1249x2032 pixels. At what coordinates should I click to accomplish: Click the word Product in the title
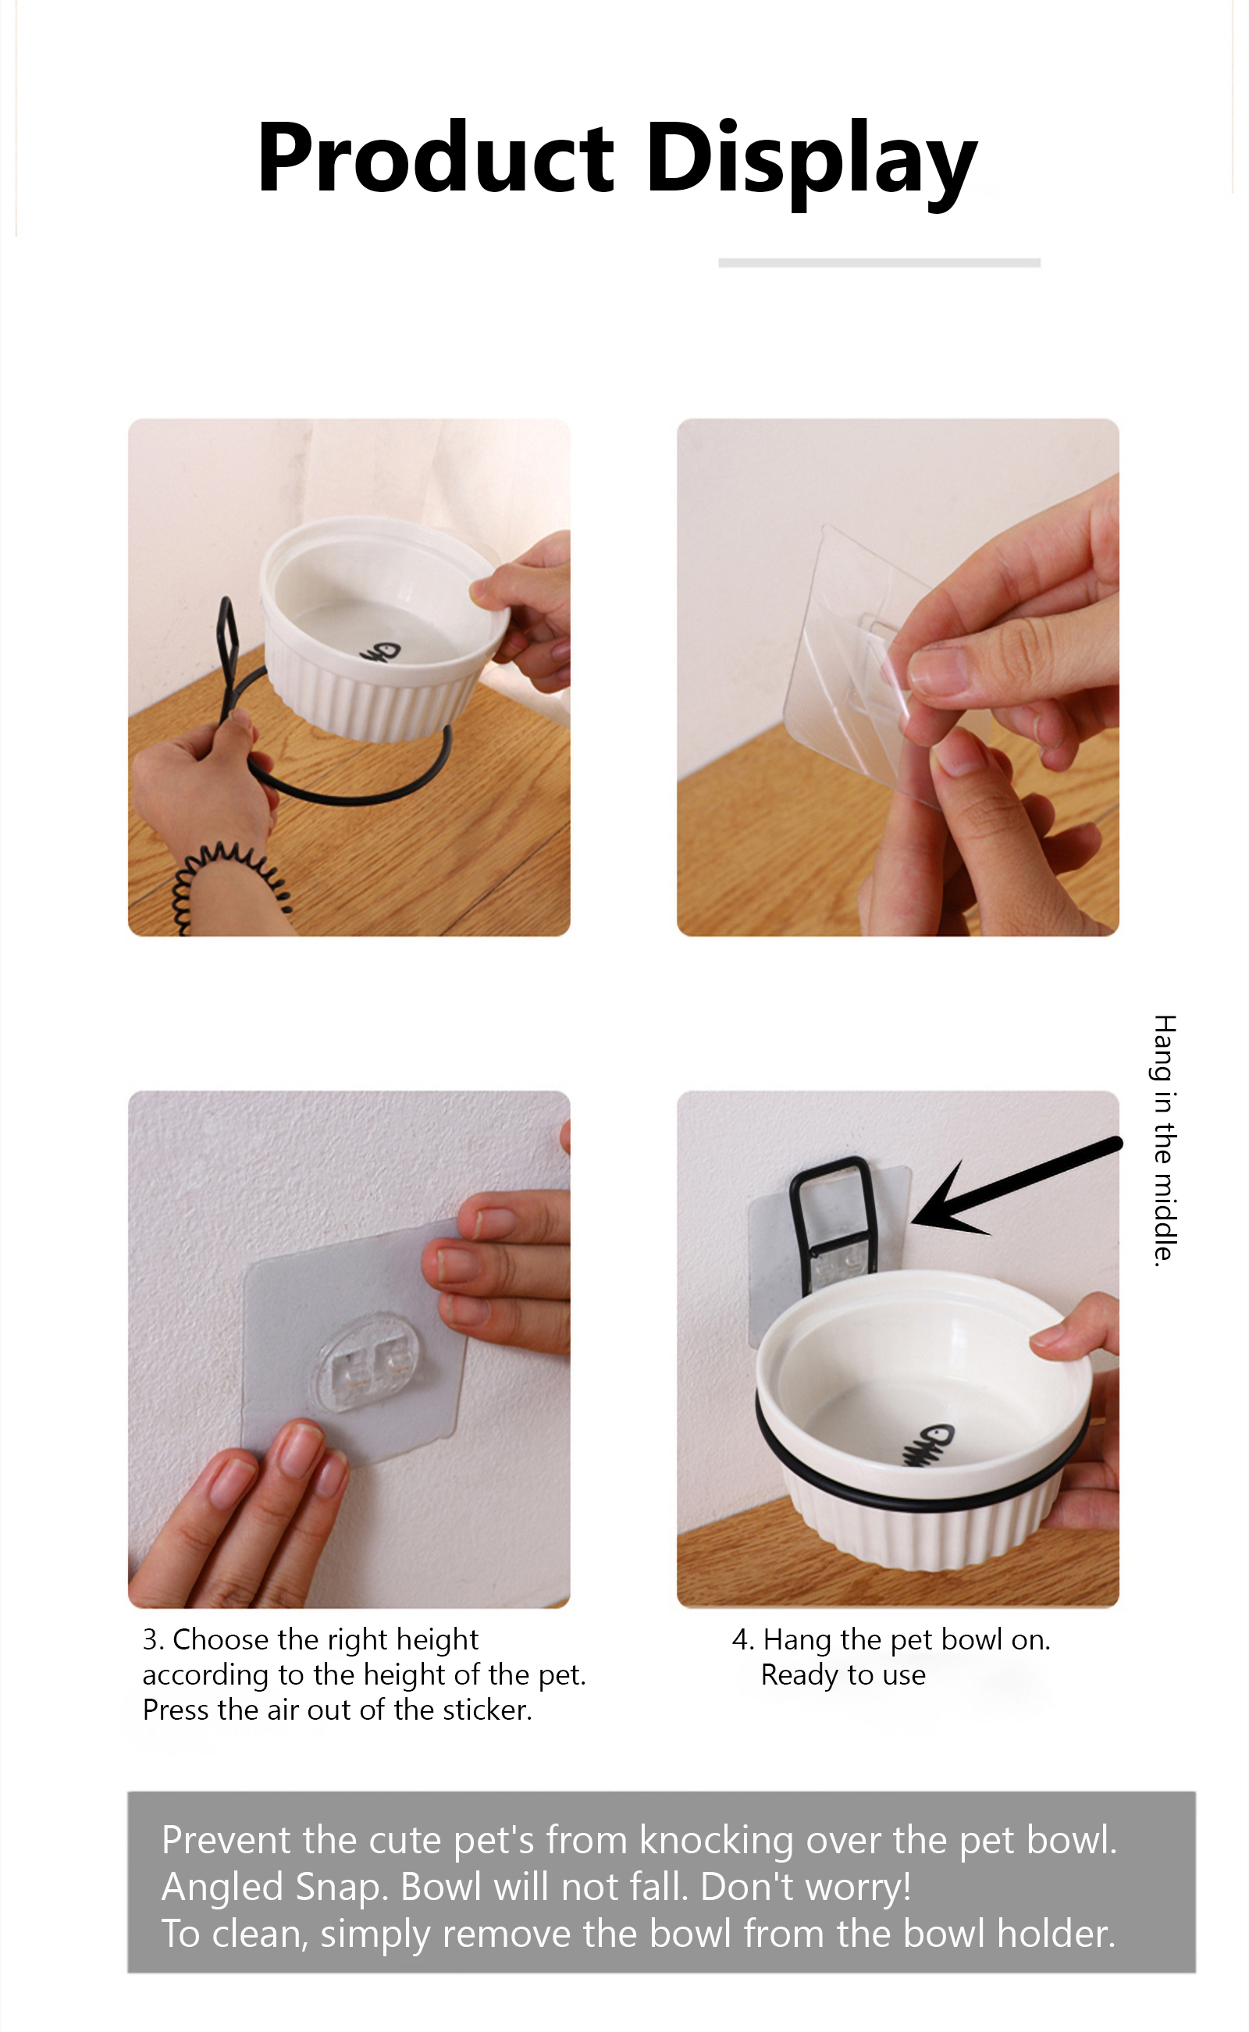[x=436, y=157]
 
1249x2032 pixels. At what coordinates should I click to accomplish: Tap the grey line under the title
[x=879, y=262]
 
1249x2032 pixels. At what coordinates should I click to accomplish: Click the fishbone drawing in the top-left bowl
[x=379, y=653]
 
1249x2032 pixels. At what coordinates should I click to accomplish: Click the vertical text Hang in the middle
[x=1164, y=1140]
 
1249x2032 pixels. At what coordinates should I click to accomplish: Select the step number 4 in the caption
[x=742, y=1639]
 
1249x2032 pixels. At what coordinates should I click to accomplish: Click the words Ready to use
[x=842, y=1675]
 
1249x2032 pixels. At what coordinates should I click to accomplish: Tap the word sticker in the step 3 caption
[x=487, y=1710]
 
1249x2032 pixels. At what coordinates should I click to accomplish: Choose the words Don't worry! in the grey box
[x=806, y=1887]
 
